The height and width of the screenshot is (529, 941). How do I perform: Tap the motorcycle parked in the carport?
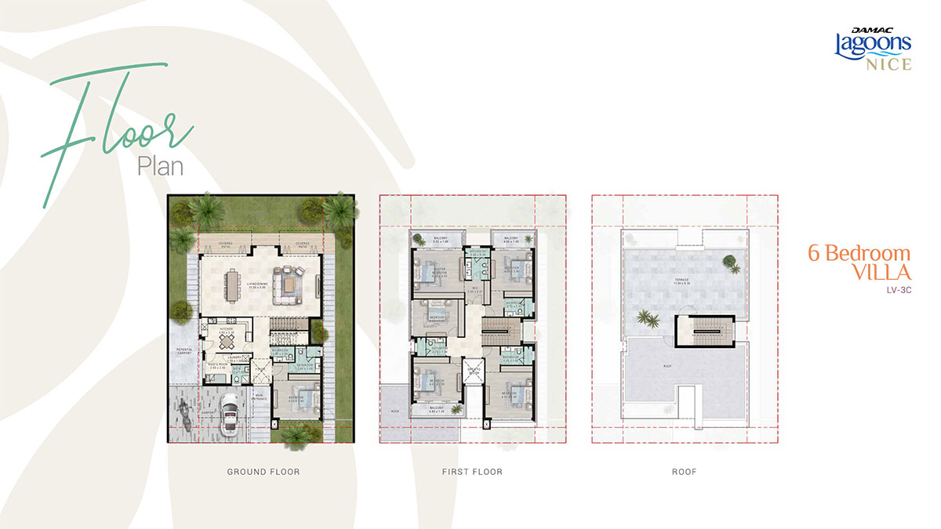[x=185, y=412]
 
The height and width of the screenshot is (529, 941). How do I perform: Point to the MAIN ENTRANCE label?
[x=259, y=397]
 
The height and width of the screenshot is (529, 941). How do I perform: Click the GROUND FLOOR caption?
[x=263, y=472]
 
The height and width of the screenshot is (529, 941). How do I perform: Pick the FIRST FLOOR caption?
[x=472, y=472]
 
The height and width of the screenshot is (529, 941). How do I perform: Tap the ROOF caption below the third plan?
[x=685, y=472]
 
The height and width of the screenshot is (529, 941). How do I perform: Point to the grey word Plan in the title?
[x=160, y=166]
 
